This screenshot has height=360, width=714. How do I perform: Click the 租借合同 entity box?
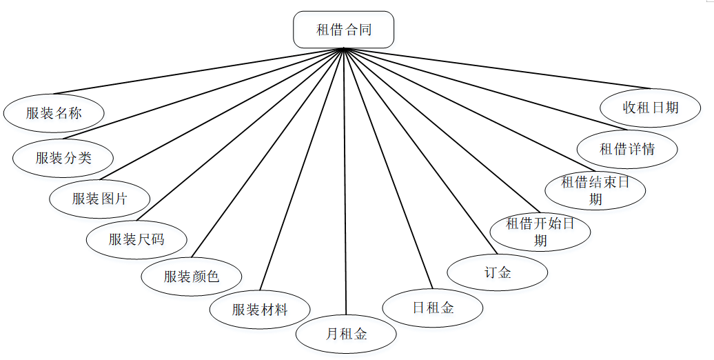click(343, 30)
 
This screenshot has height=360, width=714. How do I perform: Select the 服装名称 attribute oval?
click(54, 113)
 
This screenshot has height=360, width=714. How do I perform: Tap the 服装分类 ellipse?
click(63, 157)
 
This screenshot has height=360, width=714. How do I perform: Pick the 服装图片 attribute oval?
click(100, 199)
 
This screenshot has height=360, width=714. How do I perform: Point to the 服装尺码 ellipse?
click(136, 239)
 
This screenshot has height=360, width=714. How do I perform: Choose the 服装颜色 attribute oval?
click(192, 277)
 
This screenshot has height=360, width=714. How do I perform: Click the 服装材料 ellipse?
click(260, 310)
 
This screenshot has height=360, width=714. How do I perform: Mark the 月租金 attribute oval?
click(346, 334)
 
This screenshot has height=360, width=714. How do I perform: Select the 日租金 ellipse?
click(433, 308)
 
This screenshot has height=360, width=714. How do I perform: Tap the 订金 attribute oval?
click(498, 272)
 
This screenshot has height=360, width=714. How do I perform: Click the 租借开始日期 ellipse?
click(540, 232)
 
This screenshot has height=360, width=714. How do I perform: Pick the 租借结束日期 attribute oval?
click(595, 190)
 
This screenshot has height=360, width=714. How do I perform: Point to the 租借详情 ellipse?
click(627, 148)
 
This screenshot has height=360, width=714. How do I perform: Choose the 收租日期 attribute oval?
click(651, 108)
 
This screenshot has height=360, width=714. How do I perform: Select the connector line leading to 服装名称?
click(200, 70)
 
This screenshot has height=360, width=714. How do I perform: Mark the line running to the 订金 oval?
click(420, 152)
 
